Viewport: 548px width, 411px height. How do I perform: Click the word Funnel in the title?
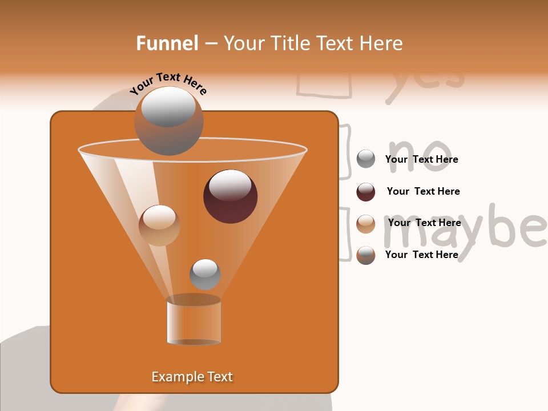coord(167,43)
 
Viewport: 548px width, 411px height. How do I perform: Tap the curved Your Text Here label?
coord(168,83)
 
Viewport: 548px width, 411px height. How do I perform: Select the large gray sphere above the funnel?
coord(168,120)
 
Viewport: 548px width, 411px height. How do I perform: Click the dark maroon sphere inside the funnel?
coord(230,196)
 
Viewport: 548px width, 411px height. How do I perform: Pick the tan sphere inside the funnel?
coord(159,225)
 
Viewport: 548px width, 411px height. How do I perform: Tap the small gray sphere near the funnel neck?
coord(205,274)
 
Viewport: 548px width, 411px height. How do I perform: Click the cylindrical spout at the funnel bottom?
coord(194,321)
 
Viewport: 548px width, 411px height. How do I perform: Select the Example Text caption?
coord(192,377)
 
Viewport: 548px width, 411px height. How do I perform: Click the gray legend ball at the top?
coord(366,159)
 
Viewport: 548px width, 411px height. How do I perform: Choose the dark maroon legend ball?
coord(366,192)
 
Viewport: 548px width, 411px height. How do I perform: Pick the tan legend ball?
coord(366,224)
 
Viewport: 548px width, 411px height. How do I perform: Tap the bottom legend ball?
coord(366,255)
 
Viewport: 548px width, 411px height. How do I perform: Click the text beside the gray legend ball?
coord(421,159)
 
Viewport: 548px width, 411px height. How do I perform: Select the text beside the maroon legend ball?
coord(423,191)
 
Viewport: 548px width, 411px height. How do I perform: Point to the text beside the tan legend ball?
coord(424,223)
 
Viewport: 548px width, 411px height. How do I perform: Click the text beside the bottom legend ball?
coord(421,255)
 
